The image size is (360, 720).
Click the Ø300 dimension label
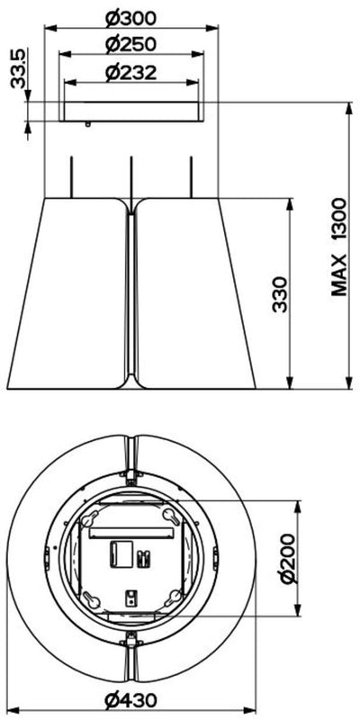pyautogui.click(x=131, y=17)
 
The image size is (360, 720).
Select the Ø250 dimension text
pyautogui.click(x=131, y=43)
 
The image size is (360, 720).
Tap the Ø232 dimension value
pyautogui.click(x=131, y=74)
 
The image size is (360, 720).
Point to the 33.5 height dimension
pyautogui.click(x=16, y=70)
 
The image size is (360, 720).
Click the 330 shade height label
pyautogui.click(x=280, y=293)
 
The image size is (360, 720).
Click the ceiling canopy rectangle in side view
pyautogui.click(x=131, y=112)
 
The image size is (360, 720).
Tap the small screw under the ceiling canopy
pyautogui.click(x=87, y=124)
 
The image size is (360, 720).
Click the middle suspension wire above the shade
pyautogui.click(x=132, y=178)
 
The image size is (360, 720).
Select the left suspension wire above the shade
pyautogui.click(x=71, y=178)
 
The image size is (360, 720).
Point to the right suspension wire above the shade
pyautogui.click(x=192, y=178)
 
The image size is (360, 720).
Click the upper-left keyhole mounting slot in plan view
pyautogui.click(x=91, y=519)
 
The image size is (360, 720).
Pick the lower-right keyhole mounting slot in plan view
pyautogui.click(x=172, y=598)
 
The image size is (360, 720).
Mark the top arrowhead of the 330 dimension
pyautogui.click(x=288, y=203)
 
